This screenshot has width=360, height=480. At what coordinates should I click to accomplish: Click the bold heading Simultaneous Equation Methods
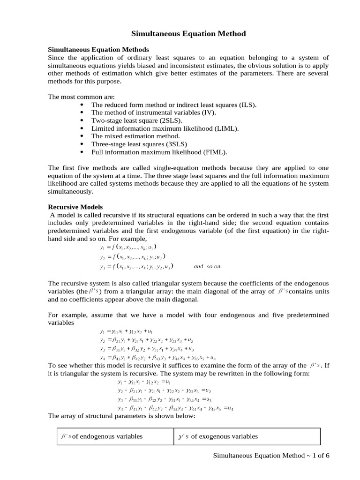tap(98, 49)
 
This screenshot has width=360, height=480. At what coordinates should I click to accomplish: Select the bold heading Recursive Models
tap(75, 207)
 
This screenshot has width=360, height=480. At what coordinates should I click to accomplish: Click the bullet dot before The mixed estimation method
tap(82, 136)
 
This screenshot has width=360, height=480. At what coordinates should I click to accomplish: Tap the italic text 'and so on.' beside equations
tap(207, 267)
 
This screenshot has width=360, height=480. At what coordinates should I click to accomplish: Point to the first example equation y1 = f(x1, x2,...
tap(128, 247)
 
